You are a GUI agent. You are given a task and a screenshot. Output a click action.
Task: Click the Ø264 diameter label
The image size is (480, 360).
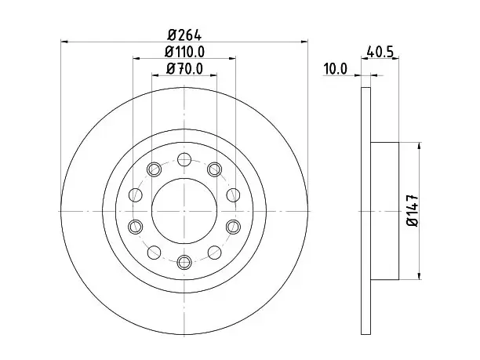(184, 35)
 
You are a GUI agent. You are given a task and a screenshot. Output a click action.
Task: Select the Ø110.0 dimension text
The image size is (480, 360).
(184, 52)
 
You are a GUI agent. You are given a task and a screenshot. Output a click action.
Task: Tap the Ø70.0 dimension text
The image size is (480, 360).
(184, 68)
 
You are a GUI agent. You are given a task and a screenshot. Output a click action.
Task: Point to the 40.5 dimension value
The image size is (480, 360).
(380, 52)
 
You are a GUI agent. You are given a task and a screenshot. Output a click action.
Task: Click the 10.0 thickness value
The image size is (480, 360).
(336, 68)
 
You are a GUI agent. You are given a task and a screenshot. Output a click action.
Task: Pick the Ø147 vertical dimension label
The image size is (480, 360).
(413, 211)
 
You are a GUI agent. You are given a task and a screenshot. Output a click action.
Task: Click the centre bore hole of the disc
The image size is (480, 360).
(184, 211)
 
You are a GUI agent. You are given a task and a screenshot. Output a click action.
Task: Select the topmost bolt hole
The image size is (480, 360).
(184, 159)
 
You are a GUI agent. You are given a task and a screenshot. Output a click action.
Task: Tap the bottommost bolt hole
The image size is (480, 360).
(184, 262)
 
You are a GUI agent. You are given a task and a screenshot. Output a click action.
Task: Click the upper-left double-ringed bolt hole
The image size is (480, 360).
(154, 169)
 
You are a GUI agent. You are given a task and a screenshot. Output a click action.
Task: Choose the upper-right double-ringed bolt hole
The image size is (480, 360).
(215, 169)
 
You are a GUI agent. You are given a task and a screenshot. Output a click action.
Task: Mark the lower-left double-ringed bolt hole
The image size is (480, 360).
(136, 227)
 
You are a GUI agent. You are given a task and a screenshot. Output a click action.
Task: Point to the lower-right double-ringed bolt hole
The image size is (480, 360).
(233, 227)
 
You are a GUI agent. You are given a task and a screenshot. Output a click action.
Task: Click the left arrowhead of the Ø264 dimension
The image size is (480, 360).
(64, 42)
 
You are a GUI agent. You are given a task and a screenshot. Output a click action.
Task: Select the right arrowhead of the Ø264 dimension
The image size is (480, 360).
(304, 42)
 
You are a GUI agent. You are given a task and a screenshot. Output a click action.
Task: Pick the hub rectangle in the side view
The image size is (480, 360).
(385, 211)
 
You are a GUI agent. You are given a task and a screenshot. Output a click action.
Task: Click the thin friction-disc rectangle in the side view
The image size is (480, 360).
(365, 211)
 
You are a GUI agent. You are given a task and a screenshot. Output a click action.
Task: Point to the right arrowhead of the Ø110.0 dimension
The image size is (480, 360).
(232, 58)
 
